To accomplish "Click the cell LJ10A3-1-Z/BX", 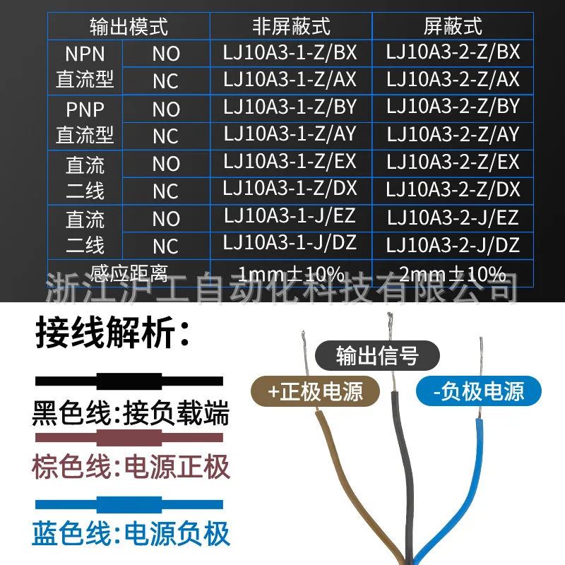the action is tap(290, 52).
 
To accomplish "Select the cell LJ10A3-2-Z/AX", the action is tap(453, 79).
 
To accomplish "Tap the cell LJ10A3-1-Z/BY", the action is tap(290, 107).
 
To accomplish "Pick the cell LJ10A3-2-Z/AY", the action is tap(453, 134).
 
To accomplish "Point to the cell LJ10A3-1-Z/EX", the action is tap(290, 162).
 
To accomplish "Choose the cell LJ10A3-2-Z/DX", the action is tap(453, 189).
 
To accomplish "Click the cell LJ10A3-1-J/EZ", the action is tap(290, 217).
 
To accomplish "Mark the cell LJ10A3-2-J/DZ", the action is tap(453, 244).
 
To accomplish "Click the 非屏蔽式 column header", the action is tap(291, 26).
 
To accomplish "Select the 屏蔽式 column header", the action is tap(453, 26).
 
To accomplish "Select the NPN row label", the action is tap(84, 54).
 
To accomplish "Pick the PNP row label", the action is tap(84, 109).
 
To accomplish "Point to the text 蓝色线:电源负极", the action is tap(131, 533).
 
